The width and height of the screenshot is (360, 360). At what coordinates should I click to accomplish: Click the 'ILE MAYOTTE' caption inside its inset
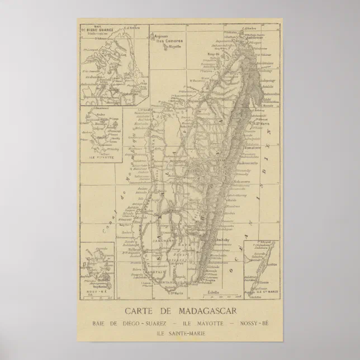pyautogui.click(x=101, y=158)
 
